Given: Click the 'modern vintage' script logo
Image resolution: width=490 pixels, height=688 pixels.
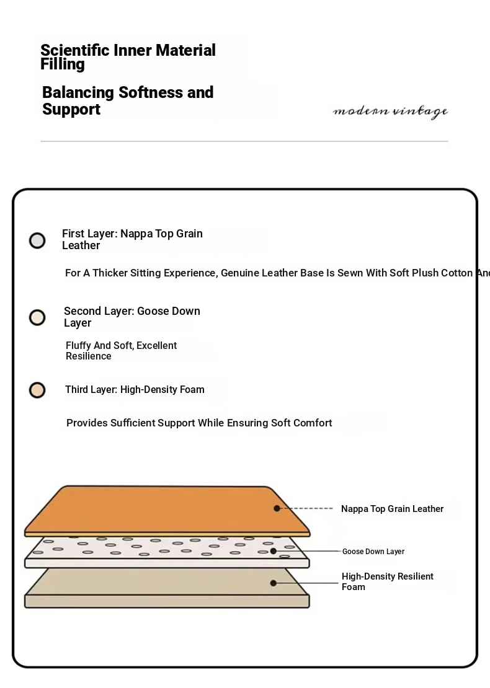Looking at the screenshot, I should click(x=390, y=112).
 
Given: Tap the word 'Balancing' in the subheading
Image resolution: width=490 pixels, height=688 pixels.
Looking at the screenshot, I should click(x=78, y=93).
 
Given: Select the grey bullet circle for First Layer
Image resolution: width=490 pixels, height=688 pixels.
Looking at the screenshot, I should click(x=37, y=240).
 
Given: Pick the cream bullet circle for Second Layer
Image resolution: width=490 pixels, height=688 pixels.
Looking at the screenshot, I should click(x=37, y=318).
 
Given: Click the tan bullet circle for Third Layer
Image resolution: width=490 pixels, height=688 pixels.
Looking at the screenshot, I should click(x=37, y=390).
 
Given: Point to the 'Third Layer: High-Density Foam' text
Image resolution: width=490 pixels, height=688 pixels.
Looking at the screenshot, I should click(x=135, y=390).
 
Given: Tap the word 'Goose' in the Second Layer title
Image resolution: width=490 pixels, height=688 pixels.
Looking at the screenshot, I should click(x=153, y=311).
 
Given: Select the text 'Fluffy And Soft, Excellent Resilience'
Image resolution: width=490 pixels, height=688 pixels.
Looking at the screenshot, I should click(x=121, y=351).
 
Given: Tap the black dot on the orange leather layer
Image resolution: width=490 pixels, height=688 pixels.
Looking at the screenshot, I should click(x=277, y=508).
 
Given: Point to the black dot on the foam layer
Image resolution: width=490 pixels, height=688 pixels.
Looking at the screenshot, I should click(x=273, y=583).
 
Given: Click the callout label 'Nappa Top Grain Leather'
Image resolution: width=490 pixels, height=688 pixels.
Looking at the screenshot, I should click(x=392, y=509).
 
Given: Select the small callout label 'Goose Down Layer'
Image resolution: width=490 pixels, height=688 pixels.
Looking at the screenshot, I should click(x=373, y=552).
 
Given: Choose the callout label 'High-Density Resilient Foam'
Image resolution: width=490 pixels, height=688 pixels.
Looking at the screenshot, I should click(x=387, y=581).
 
